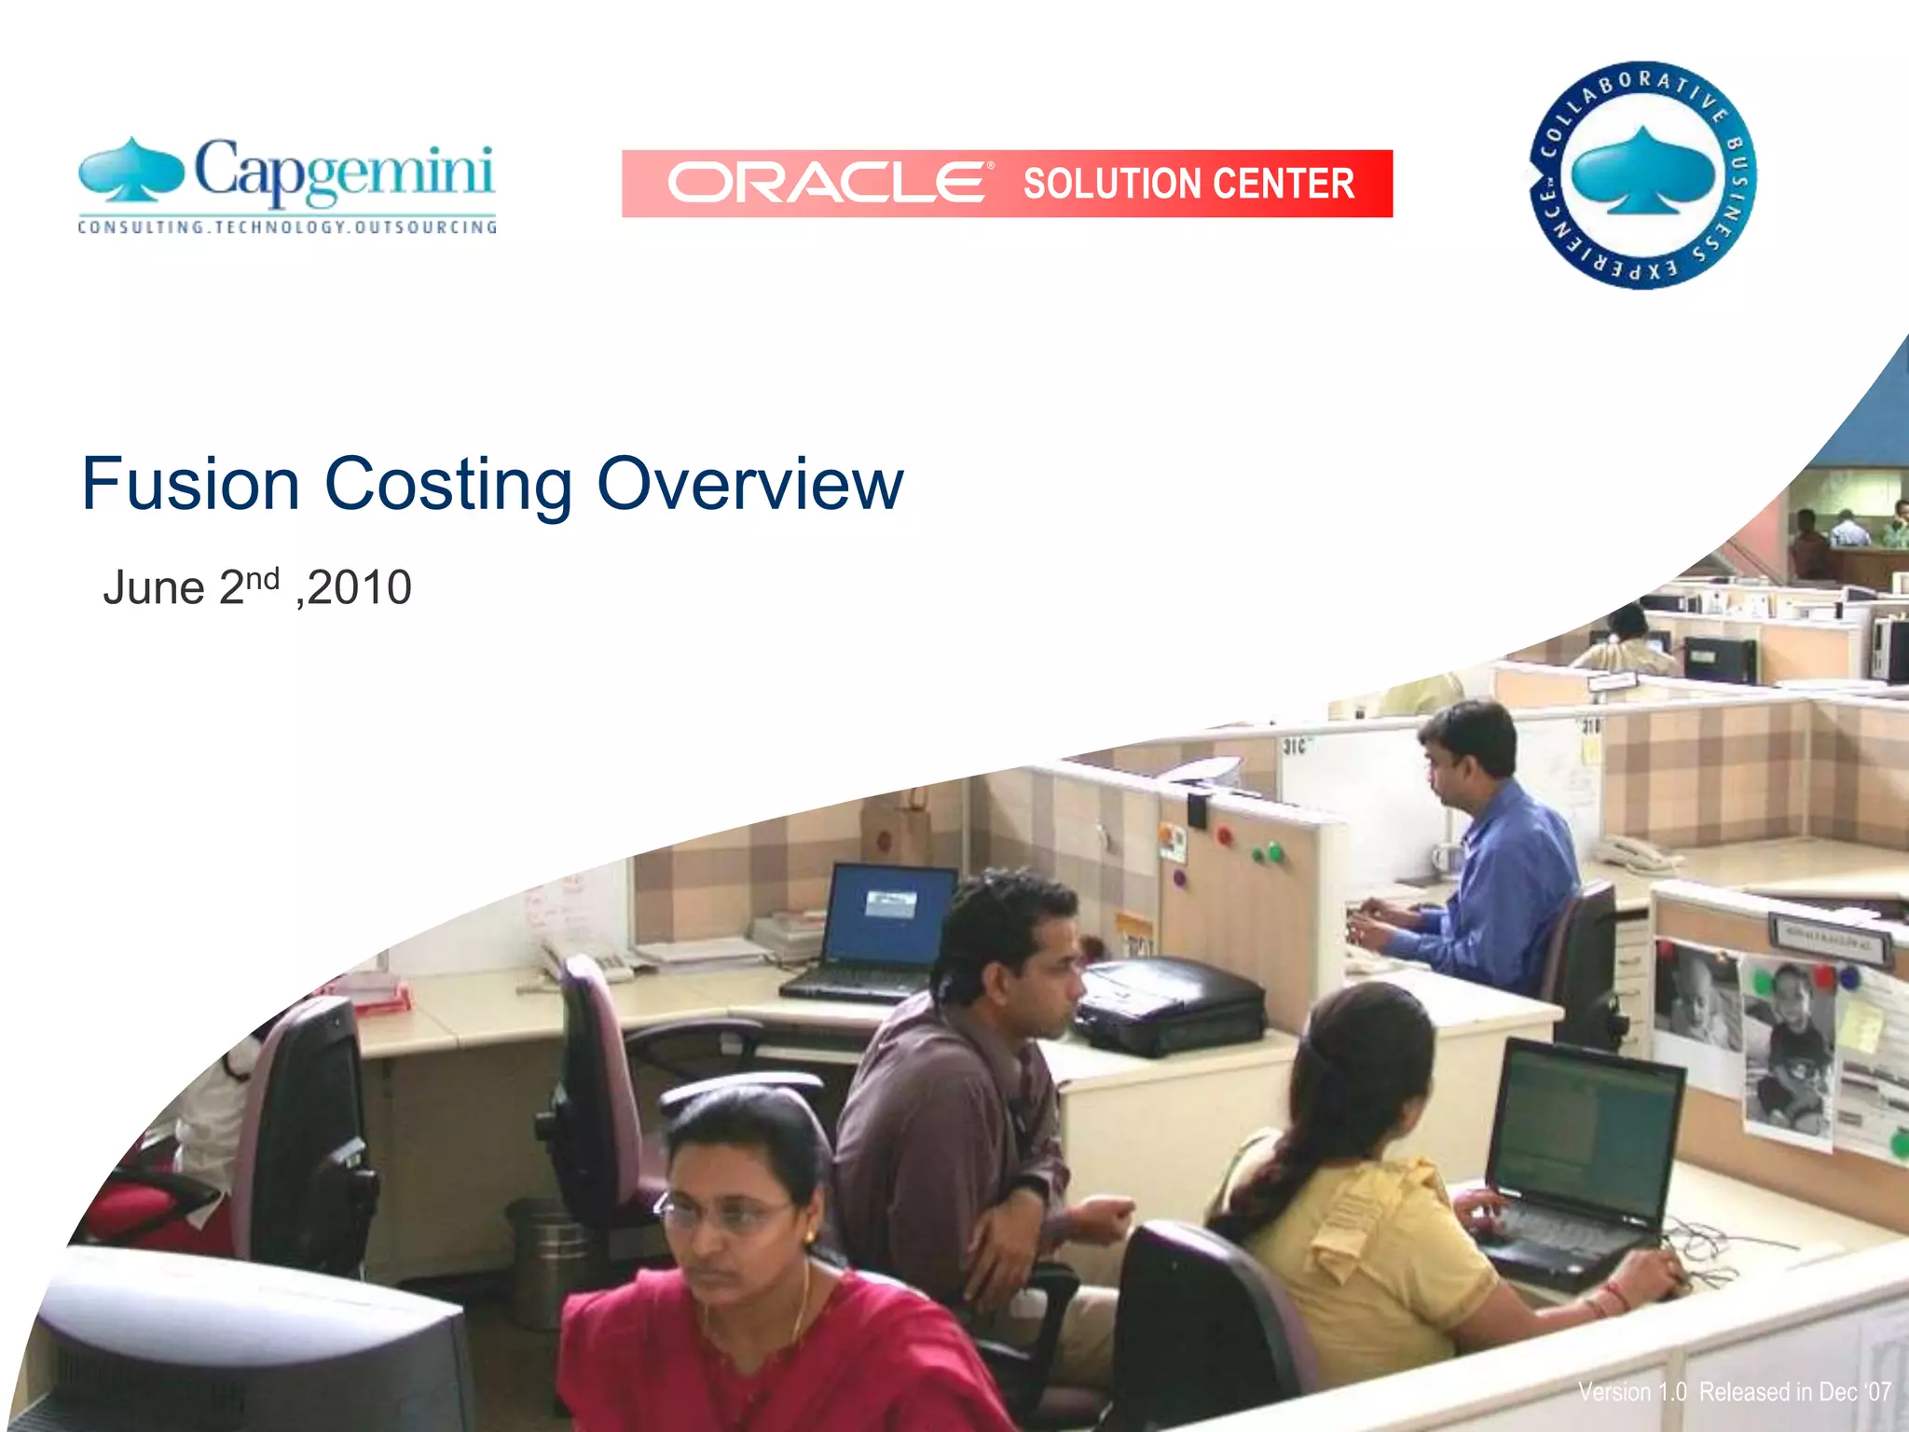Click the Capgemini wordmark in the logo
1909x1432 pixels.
[x=343, y=173]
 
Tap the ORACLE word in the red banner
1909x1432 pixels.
[x=826, y=183]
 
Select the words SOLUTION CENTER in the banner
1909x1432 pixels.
[x=1188, y=184]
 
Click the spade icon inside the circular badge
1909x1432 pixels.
[x=1642, y=172]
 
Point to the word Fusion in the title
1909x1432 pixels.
[x=190, y=485]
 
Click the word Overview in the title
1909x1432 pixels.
[x=750, y=485]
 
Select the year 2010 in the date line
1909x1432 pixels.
[x=360, y=588]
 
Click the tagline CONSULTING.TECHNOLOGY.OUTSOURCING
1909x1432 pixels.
[x=287, y=227]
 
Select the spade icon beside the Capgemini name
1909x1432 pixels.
[x=131, y=171]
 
